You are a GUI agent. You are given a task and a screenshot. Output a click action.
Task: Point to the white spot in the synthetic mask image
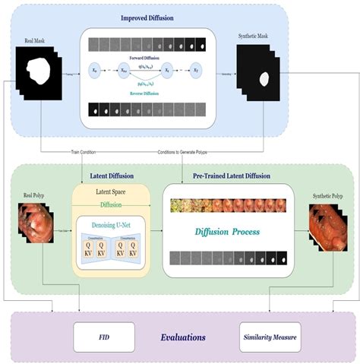tap(264, 78)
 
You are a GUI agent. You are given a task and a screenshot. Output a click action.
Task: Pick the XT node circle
tap(197, 68)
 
